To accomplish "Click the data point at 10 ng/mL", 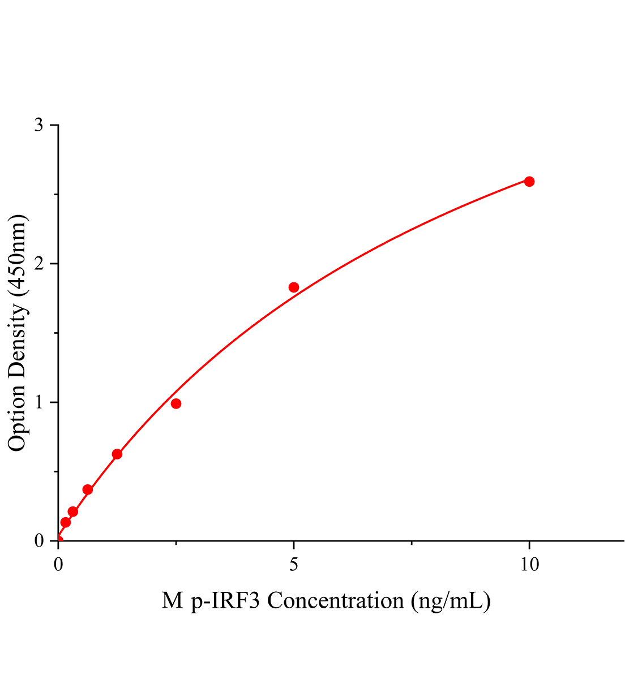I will pos(529,182).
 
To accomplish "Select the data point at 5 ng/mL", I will pos(293,287).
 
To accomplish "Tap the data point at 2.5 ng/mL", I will pos(176,403).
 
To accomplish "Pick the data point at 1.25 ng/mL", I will pos(117,454).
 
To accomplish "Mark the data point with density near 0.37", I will pos(88,489).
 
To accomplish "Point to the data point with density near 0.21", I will pos(73,512).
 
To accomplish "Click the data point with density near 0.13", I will pos(66,522).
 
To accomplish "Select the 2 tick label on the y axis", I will pos(38,264).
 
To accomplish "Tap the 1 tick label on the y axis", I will pos(38,402).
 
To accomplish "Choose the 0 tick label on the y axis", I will pos(38,541).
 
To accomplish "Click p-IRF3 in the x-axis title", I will pos(226,600).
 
